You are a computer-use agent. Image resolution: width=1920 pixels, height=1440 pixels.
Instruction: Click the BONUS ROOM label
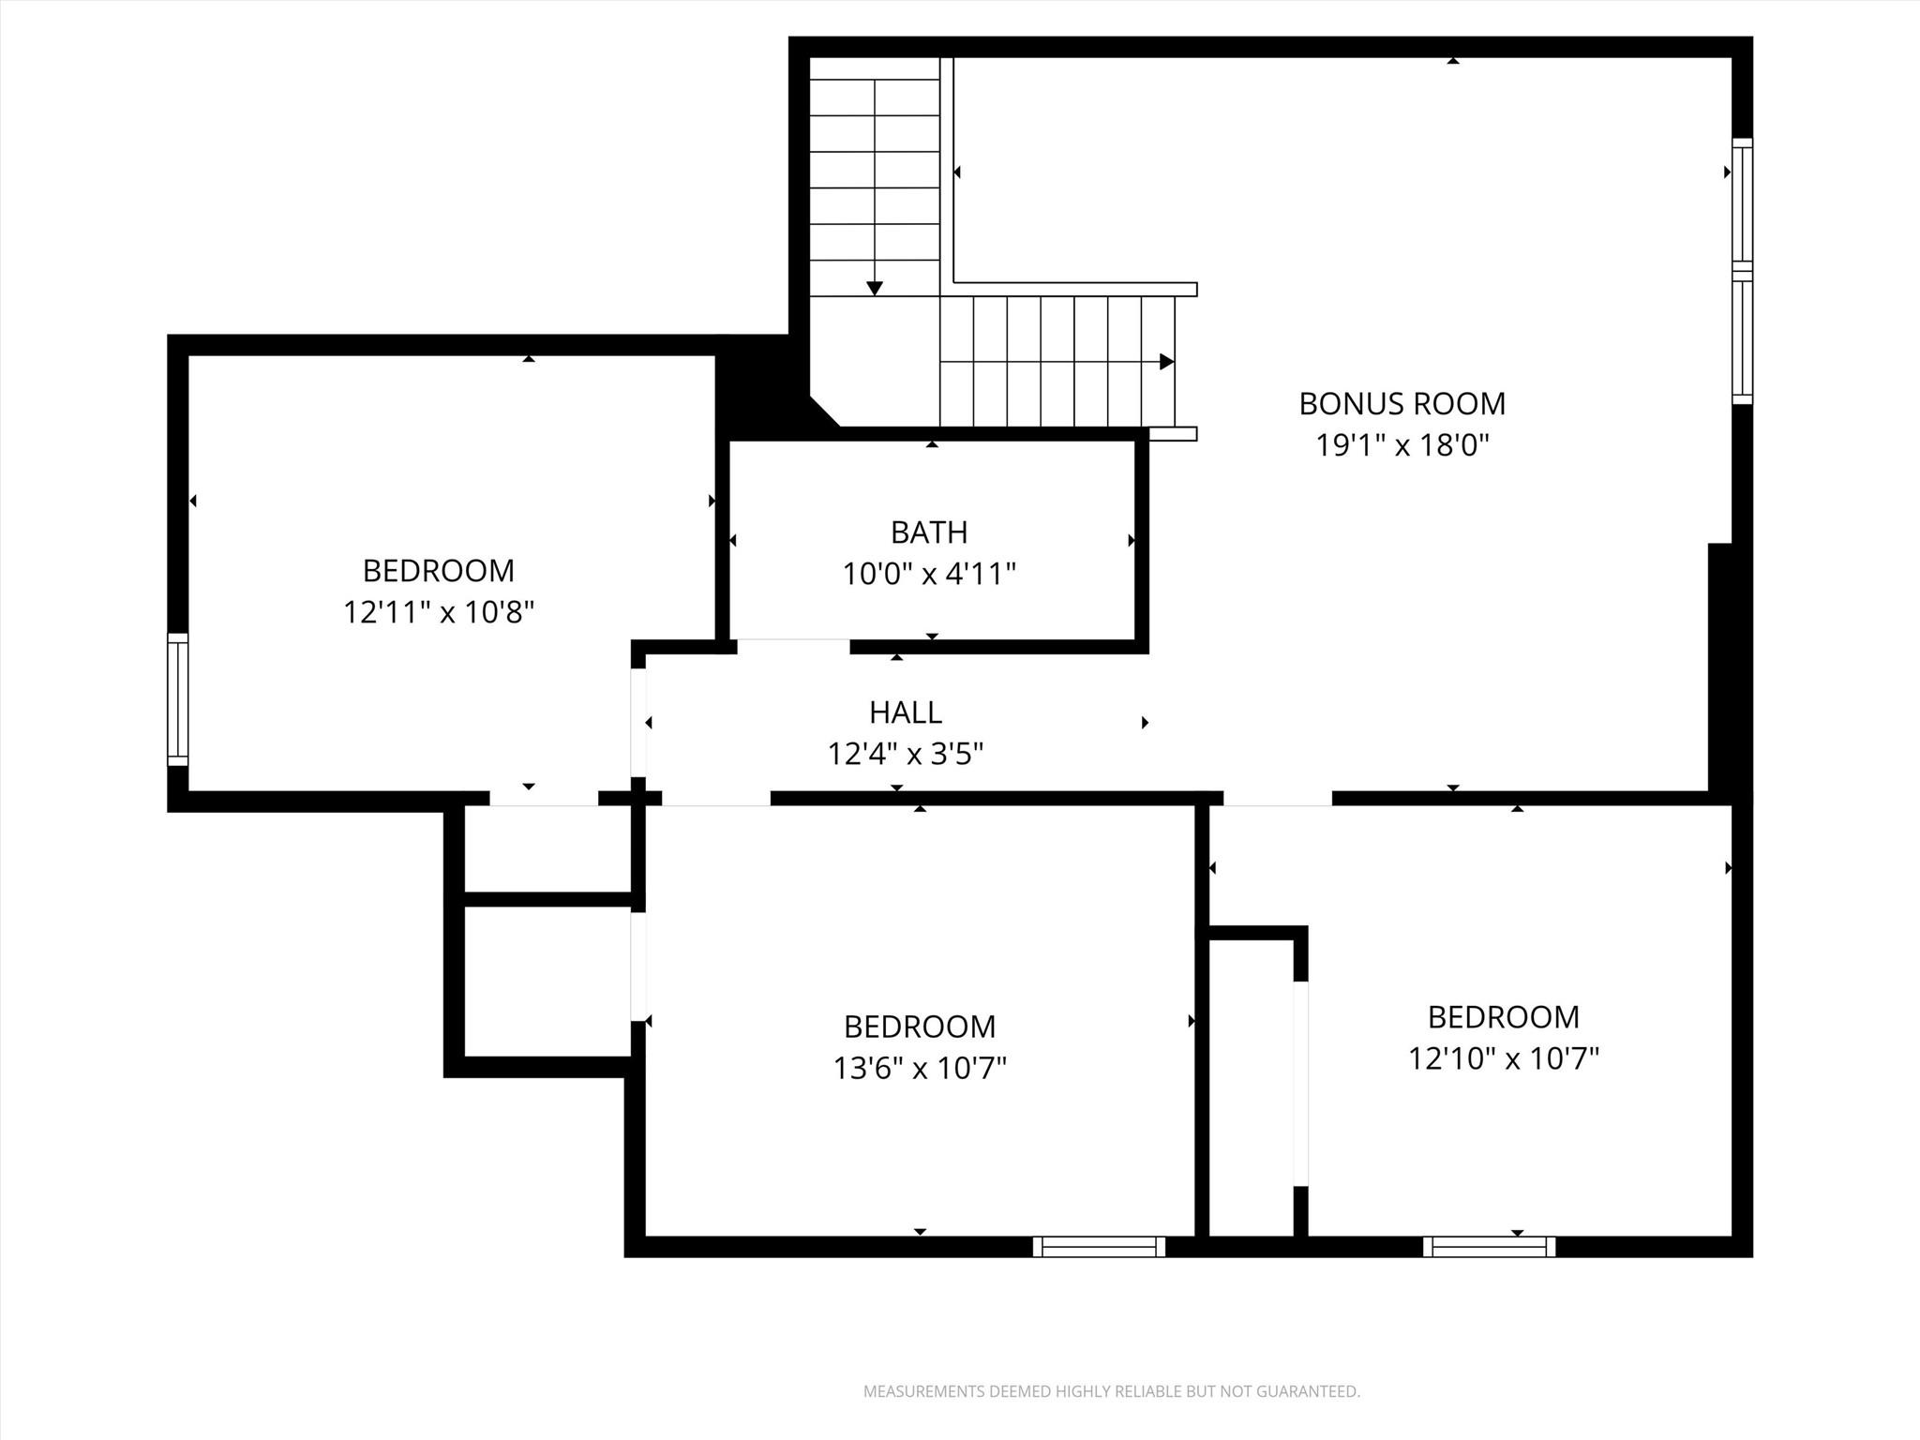[1402, 404]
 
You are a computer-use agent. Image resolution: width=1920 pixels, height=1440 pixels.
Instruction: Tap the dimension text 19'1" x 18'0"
[1402, 445]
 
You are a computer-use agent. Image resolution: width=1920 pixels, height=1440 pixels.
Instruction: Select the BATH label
[928, 532]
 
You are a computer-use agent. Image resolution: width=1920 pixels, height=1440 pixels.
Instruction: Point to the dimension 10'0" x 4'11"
[928, 574]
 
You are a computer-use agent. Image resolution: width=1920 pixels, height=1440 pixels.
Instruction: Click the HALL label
[905, 712]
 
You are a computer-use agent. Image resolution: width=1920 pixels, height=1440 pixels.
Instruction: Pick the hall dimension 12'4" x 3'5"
[905, 754]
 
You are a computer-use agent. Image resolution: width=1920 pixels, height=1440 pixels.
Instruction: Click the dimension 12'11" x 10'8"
[438, 613]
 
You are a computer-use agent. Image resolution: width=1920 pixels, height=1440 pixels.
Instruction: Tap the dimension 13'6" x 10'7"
[919, 1068]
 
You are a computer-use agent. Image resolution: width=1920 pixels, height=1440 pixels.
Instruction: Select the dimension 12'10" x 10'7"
[1503, 1058]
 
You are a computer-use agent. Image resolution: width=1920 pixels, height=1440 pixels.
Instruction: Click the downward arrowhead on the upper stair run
[875, 288]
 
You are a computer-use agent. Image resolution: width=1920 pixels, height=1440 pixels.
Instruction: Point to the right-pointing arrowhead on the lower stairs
[1166, 362]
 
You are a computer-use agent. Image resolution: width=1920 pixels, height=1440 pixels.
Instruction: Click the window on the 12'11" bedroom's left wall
[177, 699]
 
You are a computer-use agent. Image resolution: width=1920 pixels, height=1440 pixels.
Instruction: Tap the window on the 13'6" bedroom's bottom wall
[1099, 1247]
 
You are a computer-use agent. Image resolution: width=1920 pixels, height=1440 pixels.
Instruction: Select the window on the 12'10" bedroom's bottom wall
[1489, 1247]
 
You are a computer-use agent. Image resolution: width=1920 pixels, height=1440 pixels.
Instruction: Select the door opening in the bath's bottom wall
[793, 646]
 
